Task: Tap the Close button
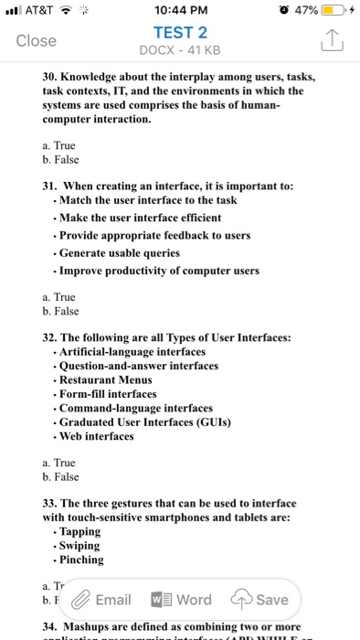pos(37,40)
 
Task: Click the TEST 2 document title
pos(179,32)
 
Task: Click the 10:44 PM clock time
pos(179,11)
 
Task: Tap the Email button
pos(101,600)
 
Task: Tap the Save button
pos(263,600)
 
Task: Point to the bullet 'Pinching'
pos(79,560)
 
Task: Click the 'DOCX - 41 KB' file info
pos(179,48)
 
